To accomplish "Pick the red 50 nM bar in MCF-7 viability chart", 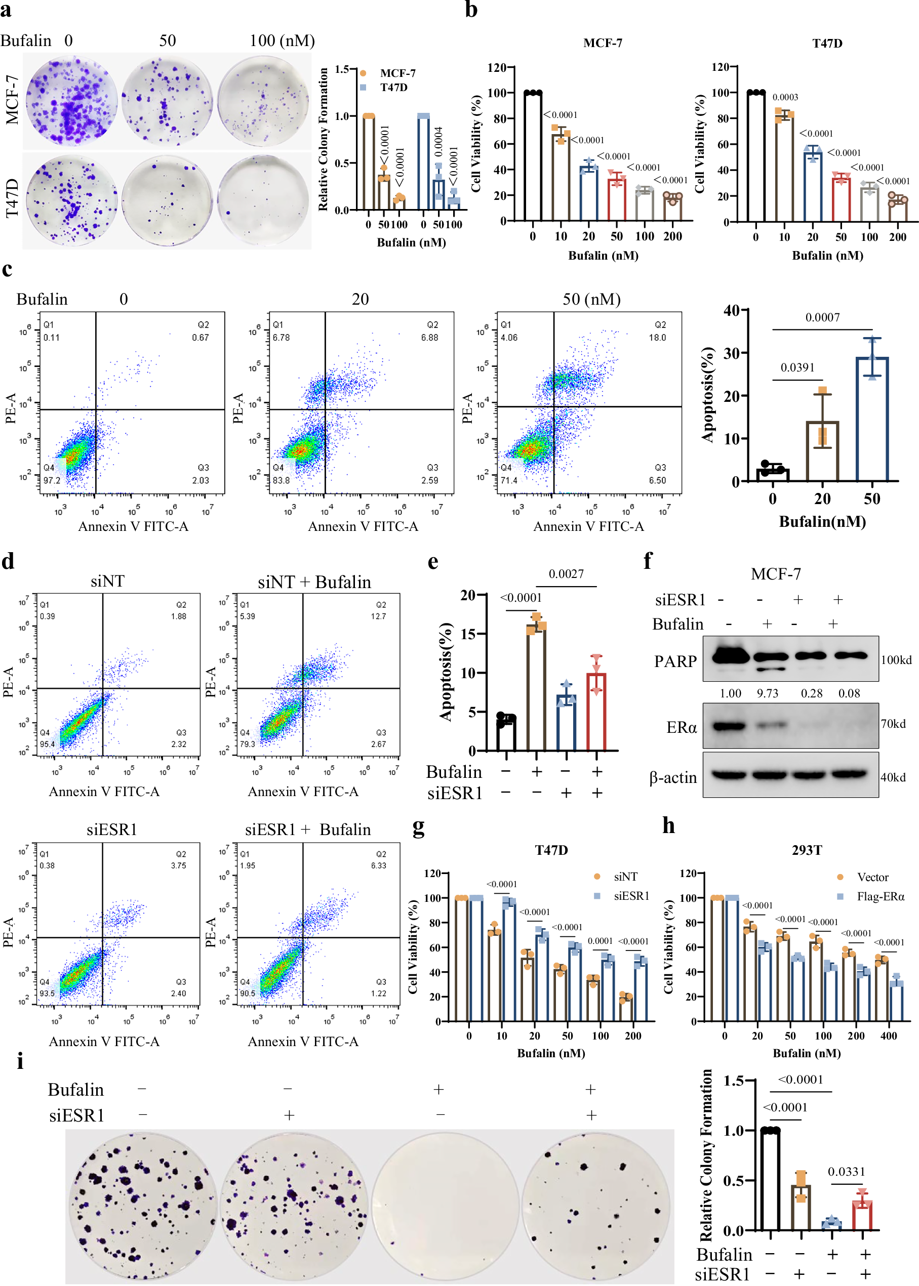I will coord(617,198).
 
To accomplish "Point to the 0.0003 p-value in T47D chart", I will coord(785,97).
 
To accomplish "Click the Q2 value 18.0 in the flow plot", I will coord(657,338).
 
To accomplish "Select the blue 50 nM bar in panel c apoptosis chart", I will coord(871,419).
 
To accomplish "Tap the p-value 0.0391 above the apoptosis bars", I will coord(797,367).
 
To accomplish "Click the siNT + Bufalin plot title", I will coord(314,582).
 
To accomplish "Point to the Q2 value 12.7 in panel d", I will coord(378,616).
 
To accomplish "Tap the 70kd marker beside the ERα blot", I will coord(893,724).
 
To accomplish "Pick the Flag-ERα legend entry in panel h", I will coord(880,896).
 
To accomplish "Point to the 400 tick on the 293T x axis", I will coord(889,1035).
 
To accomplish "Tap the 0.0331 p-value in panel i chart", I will coord(847,1172).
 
